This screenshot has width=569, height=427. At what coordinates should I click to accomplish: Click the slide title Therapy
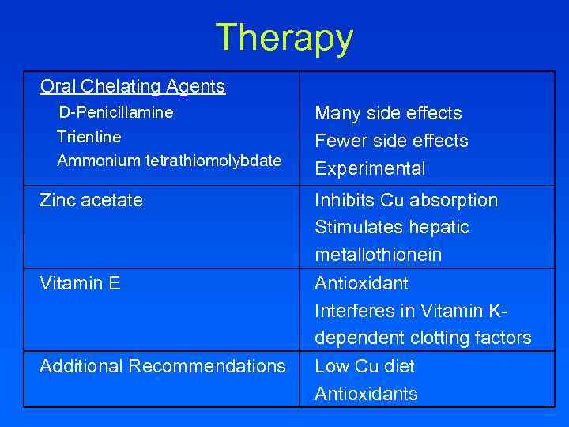[x=284, y=37]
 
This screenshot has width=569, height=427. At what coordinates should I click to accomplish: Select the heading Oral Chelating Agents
[x=132, y=86]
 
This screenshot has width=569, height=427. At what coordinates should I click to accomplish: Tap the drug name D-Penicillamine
[x=116, y=112]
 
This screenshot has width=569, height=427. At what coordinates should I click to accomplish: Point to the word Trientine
[x=89, y=137]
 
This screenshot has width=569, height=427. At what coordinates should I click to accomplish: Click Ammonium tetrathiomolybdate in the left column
[x=169, y=161]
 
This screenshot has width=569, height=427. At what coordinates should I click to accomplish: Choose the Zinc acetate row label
[x=91, y=200]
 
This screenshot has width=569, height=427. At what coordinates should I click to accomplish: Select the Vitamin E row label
[x=80, y=283]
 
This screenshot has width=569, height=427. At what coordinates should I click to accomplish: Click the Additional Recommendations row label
[x=162, y=366]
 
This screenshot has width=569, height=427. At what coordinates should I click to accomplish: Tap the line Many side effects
[x=388, y=113]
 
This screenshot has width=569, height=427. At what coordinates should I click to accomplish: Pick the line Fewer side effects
[x=391, y=141]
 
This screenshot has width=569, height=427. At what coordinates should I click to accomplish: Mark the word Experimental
[x=370, y=168]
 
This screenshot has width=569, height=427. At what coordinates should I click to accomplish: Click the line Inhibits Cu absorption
[x=406, y=200]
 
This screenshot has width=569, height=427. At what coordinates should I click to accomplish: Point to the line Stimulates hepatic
[x=392, y=228]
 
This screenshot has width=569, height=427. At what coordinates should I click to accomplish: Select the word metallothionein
[x=378, y=255]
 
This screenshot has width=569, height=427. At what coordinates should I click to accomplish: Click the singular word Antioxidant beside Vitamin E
[x=360, y=283]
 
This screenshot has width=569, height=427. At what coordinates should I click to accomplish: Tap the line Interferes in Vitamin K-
[x=412, y=311]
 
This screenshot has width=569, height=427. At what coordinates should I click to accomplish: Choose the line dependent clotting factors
[x=423, y=338]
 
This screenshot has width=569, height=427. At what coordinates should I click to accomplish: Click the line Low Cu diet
[x=364, y=366]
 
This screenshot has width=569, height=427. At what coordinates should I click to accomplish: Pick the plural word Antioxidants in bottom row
[x=366, y=394]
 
